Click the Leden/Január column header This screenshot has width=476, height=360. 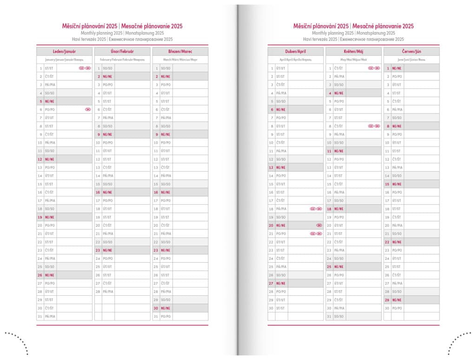point(65,51)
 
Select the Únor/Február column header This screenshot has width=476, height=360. point(122,51)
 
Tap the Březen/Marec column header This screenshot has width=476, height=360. point(180,51)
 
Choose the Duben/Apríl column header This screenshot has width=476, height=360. point(295,51)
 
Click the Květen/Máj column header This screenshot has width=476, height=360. point(353,51)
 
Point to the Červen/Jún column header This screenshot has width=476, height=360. point(411,51)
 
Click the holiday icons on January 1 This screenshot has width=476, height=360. point(85,68)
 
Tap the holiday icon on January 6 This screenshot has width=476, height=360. point(88,109)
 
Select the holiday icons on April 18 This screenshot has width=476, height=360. point(316,209)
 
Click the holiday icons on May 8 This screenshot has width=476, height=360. point(374,126)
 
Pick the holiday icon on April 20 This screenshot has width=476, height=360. point(319,225)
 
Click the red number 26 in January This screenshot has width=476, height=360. point(40,275)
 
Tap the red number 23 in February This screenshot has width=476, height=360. point(98,250)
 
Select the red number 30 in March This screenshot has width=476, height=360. point(156,308)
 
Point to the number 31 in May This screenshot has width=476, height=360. point(329,316)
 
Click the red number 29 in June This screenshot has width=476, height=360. point(387,300)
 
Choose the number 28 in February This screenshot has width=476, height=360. point(98,292)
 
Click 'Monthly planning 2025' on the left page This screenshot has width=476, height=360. point(102,33)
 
